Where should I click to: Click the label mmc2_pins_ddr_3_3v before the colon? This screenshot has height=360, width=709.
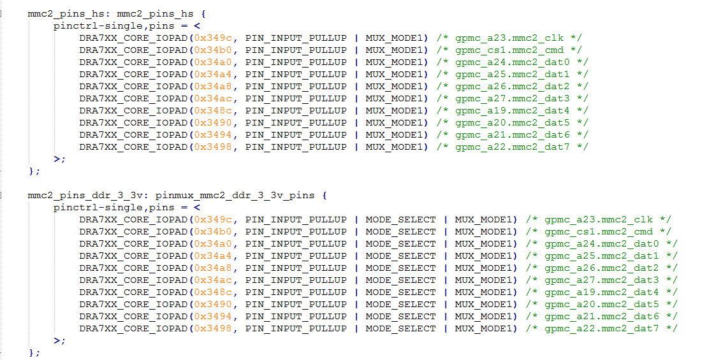click(78, 195)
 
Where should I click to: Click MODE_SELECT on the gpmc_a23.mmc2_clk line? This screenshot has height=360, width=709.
click(400, 220)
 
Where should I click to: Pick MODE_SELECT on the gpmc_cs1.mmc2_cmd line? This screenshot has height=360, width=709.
click(400, 232)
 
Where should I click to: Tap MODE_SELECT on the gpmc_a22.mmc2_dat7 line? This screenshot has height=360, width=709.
click(400, 329)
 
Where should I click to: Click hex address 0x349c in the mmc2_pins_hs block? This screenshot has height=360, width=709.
click(213, 38)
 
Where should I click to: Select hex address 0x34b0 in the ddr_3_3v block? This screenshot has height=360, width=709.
click(213, 232)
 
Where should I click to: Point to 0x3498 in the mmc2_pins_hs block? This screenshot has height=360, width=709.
click(213, 147)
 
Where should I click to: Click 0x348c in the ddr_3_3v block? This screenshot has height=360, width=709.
click(213, 292)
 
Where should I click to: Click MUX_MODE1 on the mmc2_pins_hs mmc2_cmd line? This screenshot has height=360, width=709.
click(393, 50)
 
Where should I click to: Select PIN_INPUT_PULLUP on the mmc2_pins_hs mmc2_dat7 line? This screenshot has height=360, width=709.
click(296, 147)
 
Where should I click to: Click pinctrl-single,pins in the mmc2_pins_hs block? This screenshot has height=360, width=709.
click(113, 26)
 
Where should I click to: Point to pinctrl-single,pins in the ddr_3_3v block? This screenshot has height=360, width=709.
click(113, 208)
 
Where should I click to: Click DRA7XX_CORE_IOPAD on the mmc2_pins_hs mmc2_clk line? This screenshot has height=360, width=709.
click(133, 38)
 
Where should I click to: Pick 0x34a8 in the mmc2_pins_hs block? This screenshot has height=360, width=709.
click(213, 87)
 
